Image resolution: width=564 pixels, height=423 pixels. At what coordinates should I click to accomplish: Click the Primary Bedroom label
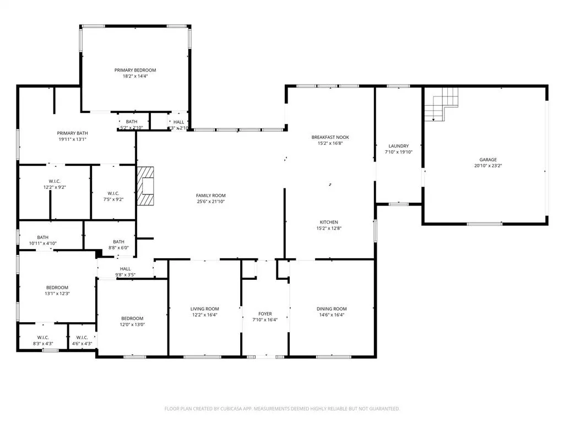(x=135, y=70)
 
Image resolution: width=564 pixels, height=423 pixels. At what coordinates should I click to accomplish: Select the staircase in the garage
(x=443, y=105)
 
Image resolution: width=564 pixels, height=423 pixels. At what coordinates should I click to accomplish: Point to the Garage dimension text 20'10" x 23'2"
(x=488, y=165)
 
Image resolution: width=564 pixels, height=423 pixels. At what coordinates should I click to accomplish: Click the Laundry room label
(x=397, y=146)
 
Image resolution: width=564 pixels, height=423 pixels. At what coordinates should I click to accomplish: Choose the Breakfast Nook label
(x=330, y=137)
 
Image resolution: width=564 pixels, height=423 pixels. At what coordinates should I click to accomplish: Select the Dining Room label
(x=332, y=309)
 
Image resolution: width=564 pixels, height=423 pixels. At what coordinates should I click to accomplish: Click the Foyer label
(x=265, y=313)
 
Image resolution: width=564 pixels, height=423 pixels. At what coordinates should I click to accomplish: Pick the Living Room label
(x=205, y=309)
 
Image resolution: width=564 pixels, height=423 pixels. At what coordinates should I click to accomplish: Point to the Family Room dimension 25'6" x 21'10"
(x=211, y=202)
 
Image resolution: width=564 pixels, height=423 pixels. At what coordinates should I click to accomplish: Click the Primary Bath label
(x=73, y=133)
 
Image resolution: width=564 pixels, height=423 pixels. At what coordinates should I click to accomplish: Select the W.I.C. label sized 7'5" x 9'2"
(x=113, y=193)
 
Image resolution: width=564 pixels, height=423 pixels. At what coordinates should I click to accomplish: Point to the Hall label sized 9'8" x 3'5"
(x=125, y=269)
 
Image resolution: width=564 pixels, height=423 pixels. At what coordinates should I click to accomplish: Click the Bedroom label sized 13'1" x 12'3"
(x=57, y=288)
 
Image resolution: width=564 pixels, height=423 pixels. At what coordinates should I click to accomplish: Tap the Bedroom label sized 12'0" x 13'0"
(x=132, y=318)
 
